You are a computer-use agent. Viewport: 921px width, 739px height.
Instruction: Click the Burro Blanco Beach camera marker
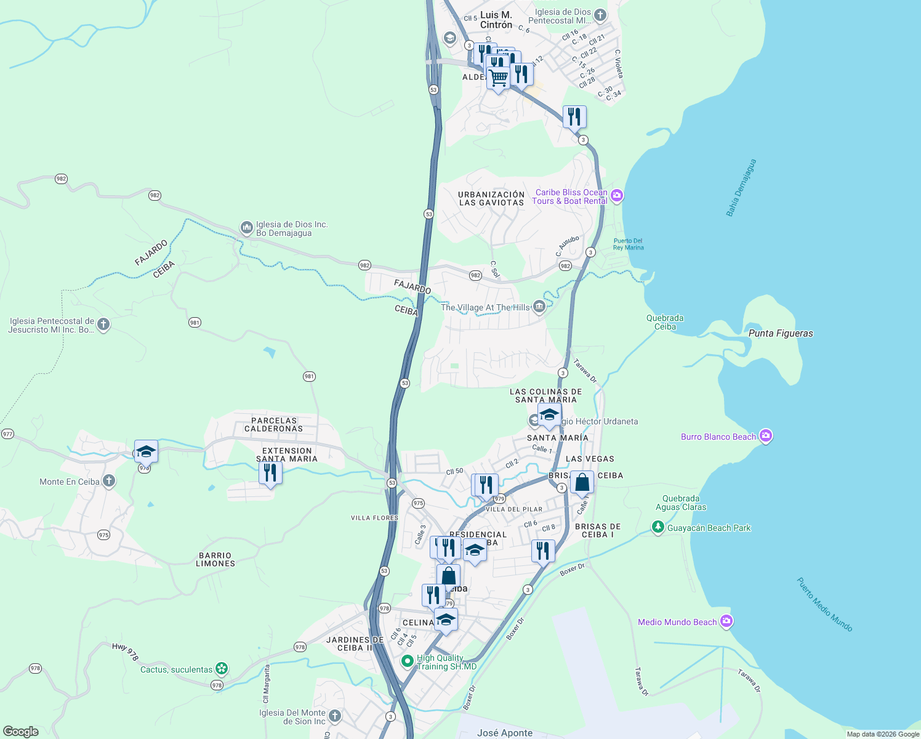765,437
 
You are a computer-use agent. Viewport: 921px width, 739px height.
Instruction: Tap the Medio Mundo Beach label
677,622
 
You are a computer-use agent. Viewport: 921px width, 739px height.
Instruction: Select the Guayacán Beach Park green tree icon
658,528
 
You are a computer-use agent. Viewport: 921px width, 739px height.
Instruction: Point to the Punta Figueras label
781,333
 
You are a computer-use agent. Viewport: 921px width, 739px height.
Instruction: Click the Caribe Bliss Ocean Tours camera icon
617,196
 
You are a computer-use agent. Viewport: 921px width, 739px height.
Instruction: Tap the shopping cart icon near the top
498,78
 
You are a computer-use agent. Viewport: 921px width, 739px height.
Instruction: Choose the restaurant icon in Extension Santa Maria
270,473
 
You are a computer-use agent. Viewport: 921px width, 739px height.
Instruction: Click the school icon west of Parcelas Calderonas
146,452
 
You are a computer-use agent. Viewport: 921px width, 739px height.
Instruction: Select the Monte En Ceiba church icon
109,481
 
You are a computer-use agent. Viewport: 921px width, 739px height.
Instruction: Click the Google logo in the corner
21,732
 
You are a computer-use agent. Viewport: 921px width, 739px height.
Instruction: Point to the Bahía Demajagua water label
741,188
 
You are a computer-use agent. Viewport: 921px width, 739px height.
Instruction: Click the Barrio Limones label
215,559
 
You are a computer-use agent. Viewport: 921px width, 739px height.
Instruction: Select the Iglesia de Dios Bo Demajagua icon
246,228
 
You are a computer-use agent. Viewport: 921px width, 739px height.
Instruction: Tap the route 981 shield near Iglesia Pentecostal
195,323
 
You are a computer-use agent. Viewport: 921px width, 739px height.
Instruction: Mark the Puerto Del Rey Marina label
628,244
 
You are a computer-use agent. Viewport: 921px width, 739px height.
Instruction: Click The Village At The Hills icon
539,306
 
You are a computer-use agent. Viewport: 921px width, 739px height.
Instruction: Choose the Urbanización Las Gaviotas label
491,198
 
